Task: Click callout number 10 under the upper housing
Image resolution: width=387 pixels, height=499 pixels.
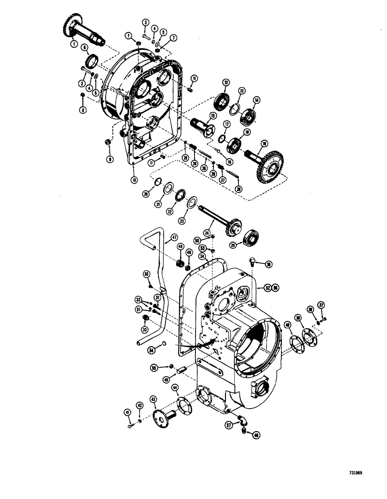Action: pos(133,179)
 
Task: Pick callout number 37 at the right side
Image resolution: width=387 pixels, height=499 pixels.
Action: pos(321,305)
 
